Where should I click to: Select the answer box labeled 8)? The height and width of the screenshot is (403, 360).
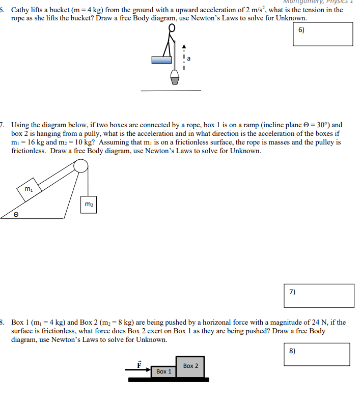[317, 354]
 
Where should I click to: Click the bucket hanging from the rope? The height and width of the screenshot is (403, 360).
[175, 77]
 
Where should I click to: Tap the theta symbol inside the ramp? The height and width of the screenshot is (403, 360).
[16, 215]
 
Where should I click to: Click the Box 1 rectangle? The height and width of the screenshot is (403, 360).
[163, 371]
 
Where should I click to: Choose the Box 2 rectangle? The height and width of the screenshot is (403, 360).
[190, 366]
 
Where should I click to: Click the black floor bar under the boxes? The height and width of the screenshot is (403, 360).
[169, 380]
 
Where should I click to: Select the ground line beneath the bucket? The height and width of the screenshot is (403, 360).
[171, 91]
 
